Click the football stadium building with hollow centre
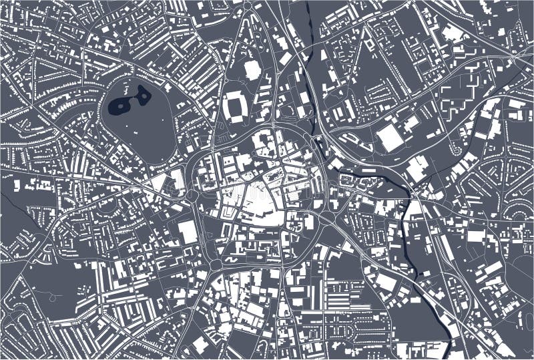pos(235,106)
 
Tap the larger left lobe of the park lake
pos(120,104)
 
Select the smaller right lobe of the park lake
pos(144,96)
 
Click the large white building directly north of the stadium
pos(252,69)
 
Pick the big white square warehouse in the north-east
pos(390,138)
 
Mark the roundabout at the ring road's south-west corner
pos(215,264)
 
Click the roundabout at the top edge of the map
pos(248,7)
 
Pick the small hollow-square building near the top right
pos(369,45)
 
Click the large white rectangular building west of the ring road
pos(188,232)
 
